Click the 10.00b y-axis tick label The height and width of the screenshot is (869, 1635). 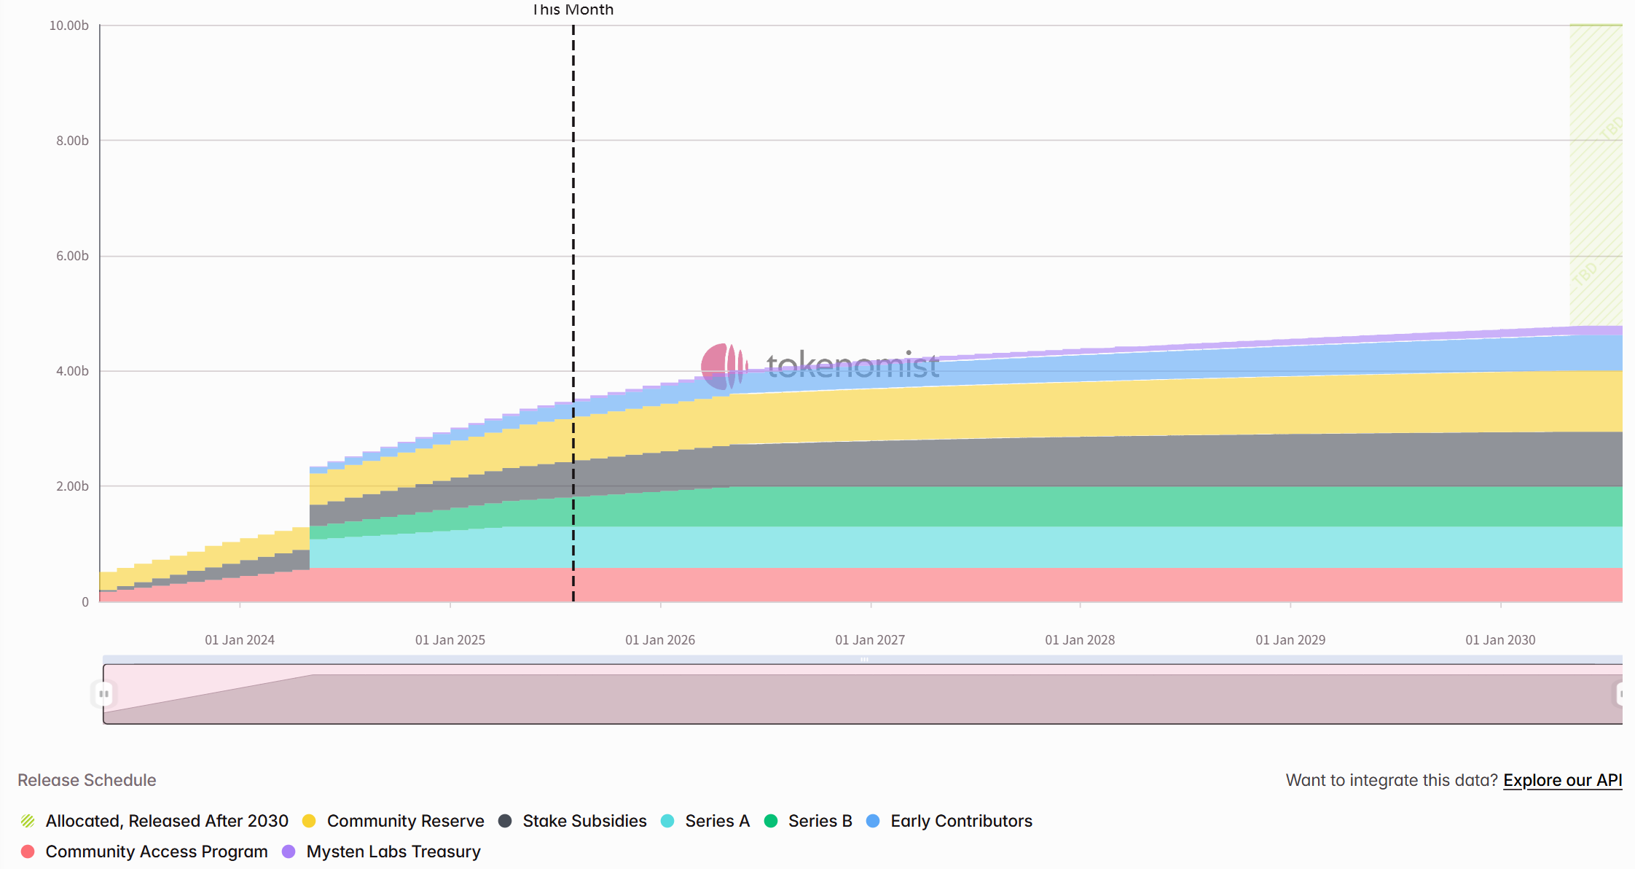pyautogui.click(x=68, y=26)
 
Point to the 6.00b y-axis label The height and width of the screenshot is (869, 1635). pyautogui.click(x=72, y=256)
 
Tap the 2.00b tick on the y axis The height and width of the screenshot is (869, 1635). pyautogui.click(x=72, y=486)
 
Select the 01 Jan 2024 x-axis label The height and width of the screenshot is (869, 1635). pyautogui.click(x=240, y=640)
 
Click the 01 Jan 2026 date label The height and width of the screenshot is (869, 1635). pyautogui.click(x=660, y=640)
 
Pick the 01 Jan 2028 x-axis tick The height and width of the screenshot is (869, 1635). pyautogui.click(x=1080, y=640)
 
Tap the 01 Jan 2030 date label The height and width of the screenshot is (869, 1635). pyautogui.click(x=1500, y=640)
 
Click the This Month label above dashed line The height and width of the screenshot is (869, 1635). pyautogui.click(x=573, y=9)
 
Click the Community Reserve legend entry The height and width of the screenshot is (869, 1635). pyautogui.click(x=404, y=821)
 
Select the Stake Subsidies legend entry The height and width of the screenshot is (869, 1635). pyautogui.click(x=584, y=821)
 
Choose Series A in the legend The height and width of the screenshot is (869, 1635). pyautogui.click(x=716, y=821)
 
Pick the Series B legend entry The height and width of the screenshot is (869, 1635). pyautogui.click(x=819, y=821)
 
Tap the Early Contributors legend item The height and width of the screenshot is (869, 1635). pyautogui.click(x=960, y=821)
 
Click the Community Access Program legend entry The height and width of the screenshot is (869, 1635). pyautogui.click(x=156, y=852)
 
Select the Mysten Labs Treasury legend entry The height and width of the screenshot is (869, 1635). pyautogui.click(x=393, y=852)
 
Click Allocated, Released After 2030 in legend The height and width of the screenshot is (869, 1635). pyautogui.click(x=166, y=821)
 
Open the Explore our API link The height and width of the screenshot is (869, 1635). pyautogui.click(x=1562, y=780)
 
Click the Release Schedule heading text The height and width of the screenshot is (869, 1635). pyautogui.click(x=87, y=780)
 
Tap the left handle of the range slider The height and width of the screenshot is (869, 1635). pyautogui.click(x=104, y=694)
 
